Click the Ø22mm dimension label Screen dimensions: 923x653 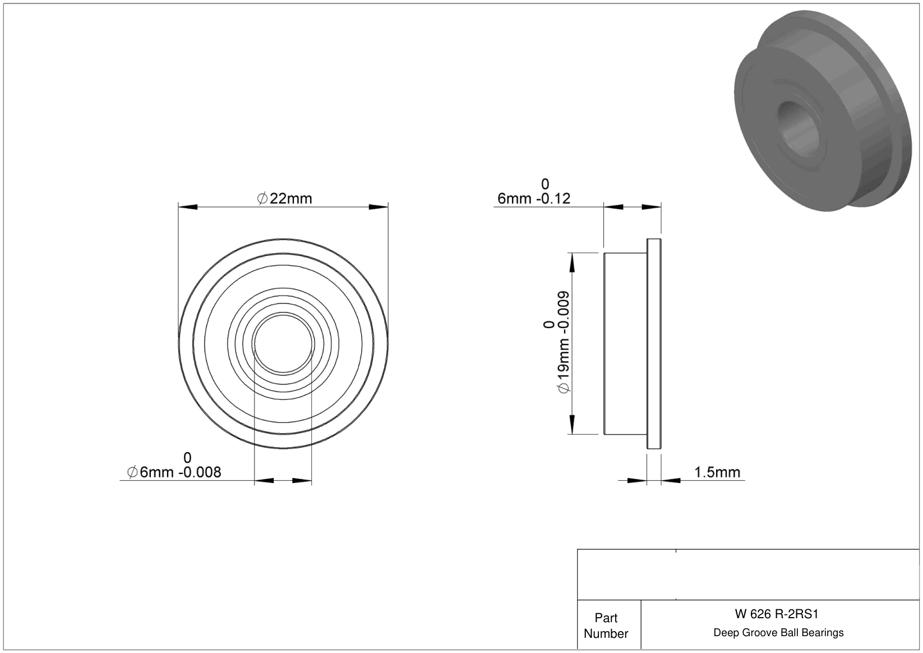[284, 199]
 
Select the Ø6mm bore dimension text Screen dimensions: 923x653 [150, 472]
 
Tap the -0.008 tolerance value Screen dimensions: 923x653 [200, 472]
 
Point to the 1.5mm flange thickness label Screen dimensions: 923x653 [717, 472]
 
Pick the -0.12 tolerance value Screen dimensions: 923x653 [553, 199]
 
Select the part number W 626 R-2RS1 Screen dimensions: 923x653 [776, 614]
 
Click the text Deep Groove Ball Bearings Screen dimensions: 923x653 [778, 632]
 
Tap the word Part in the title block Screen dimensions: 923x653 [606, 618]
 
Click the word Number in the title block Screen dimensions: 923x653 [606, 633]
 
